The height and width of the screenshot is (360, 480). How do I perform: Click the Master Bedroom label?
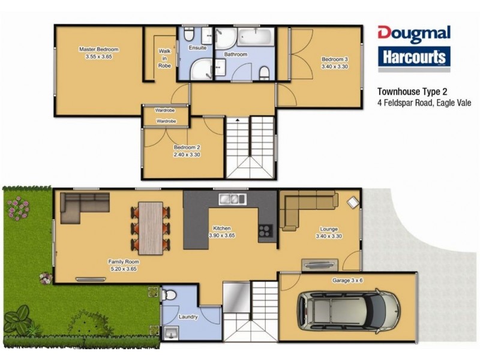point(100,49)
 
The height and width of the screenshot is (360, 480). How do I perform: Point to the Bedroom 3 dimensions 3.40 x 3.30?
point(335,67)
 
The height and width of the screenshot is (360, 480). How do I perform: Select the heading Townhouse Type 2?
point(412,92)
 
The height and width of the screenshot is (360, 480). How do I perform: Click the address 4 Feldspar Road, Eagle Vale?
point(420,103)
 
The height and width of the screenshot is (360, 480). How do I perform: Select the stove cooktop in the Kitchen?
point(265,229)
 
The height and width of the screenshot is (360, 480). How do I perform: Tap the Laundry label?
point(188,317)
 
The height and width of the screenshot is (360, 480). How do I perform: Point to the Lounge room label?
point(329,229)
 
